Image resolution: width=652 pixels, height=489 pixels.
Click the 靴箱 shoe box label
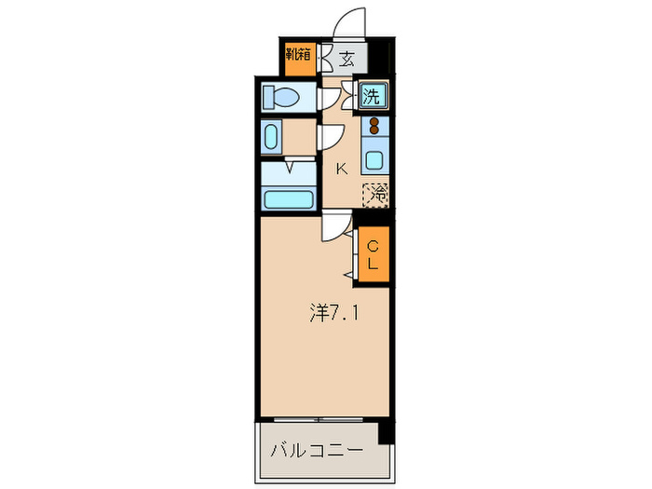click(x=298, y=59)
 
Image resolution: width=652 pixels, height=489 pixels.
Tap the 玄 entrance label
click(x=346, y=59)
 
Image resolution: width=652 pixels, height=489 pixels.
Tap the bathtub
click(x=288, y=197)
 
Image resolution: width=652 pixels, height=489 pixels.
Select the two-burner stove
click(x=375, y=127)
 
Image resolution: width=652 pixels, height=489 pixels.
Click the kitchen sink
click(x=374, y=157)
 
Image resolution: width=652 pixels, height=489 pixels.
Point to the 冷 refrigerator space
click(x=376, y=195)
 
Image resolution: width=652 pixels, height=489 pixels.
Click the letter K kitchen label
click(x=341, y=169)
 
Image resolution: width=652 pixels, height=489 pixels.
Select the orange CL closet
click(x=373, y=254)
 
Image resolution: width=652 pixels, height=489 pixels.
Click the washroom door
click(x=330, y=137)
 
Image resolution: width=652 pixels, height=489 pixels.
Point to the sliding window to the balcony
click(x=320, y=418)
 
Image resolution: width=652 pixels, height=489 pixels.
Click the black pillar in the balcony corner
click(x=385, y=432)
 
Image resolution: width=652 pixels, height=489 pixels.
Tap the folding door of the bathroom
click(x=290, y=168)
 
